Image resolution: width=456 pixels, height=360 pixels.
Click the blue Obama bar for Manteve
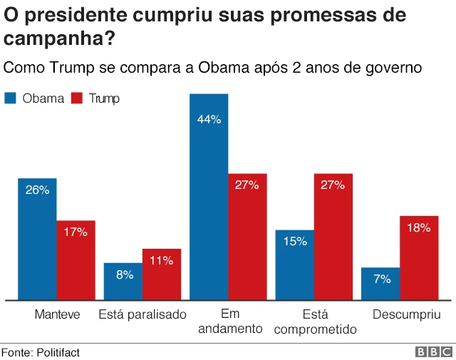click(37, 239)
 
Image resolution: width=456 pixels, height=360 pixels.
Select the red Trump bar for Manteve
click(76, 260)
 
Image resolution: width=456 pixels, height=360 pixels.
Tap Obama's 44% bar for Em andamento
click(209, 197)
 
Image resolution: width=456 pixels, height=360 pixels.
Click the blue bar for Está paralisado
click(123, 282)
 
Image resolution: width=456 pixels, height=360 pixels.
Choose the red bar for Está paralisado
click(162, 274)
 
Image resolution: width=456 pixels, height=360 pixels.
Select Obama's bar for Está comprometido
click(295, 264)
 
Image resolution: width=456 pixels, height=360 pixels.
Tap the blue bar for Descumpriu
click(380, 284)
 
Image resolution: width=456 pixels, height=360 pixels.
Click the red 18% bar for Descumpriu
click(419, 257)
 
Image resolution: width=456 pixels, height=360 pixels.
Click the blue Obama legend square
click(11, 98)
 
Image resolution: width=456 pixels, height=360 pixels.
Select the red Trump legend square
click(78, 98)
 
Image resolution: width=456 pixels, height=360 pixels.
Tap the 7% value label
click(381, 279)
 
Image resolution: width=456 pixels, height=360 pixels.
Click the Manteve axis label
click(57, 314)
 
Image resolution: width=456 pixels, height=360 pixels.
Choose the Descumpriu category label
click(407, 314)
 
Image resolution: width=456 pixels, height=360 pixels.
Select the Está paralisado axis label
click(142, 314)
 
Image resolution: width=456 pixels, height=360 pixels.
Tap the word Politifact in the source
click(58, 352)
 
